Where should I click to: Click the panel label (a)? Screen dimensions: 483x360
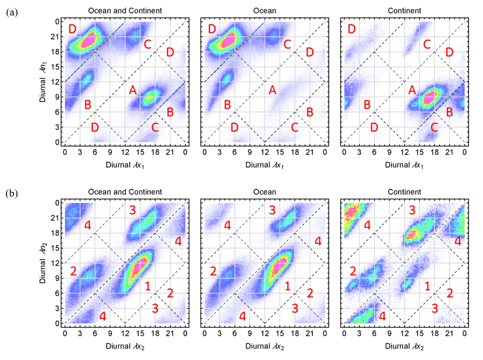click(x=11, y=12)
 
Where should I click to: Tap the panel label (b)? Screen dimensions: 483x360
click(x=11, y=194)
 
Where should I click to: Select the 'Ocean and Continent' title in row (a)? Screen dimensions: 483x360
click(x=125, y=11)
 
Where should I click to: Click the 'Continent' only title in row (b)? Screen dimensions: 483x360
click(x=404, y=192)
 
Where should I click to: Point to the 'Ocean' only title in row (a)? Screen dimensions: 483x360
click(x=264, y=11)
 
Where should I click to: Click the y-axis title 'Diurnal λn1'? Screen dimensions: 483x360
click(x=43, y=82)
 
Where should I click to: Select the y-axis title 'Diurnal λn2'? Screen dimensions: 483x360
click(x=43, y=263)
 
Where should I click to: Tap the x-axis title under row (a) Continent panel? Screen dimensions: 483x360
click(x=404, y=165)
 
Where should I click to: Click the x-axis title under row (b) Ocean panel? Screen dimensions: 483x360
click(x=264, y=347)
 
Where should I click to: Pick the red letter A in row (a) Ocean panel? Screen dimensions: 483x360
click(x=272, y=90)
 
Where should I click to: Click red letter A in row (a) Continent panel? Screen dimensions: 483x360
click(x=412, y=90)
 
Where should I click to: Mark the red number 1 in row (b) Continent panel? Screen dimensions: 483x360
click(x=428, y=286)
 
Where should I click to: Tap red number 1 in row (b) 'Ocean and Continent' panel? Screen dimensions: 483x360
click(x=148, y=286)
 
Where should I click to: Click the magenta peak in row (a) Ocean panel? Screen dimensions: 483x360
click(x=228, y=40)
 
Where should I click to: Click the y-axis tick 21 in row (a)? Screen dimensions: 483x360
click(x=55, y=36)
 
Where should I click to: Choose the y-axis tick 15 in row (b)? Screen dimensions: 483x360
click(x=55, y=248)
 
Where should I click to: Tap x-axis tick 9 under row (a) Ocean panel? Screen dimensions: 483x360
click(x=249, y=152)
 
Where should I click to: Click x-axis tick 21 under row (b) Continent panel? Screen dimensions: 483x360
click(x=450, y=334)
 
